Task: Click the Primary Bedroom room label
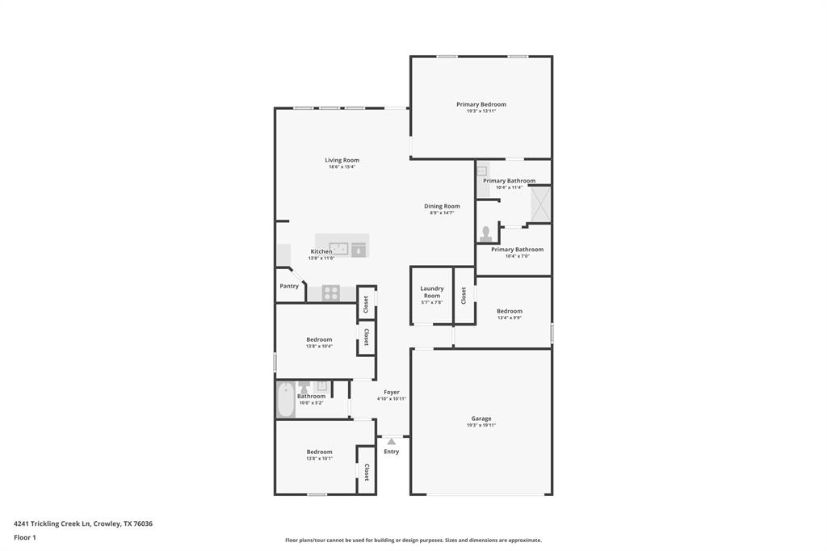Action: [481, 104]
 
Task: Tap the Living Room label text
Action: [342, 160]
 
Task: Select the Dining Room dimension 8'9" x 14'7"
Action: [442, 212]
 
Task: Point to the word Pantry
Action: [289, 286]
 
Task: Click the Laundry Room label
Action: [431, 292]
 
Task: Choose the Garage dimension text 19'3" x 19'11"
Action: [481, 425]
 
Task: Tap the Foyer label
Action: [391, 392]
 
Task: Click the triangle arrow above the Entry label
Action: [391, 441]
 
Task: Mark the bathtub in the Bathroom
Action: [285, 400]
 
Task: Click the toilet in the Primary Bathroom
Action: [485, 234]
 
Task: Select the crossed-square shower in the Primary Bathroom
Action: [540, 204]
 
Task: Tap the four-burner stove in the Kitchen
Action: [330, 292]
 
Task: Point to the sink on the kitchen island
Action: [338, 248]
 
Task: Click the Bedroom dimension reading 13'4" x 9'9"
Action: [509, 318]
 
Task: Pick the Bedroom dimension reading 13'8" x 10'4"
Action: [319, 347]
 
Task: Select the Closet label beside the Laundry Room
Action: [464, 296]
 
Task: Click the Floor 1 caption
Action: [25, 537]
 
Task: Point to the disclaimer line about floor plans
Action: [413, 540]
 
